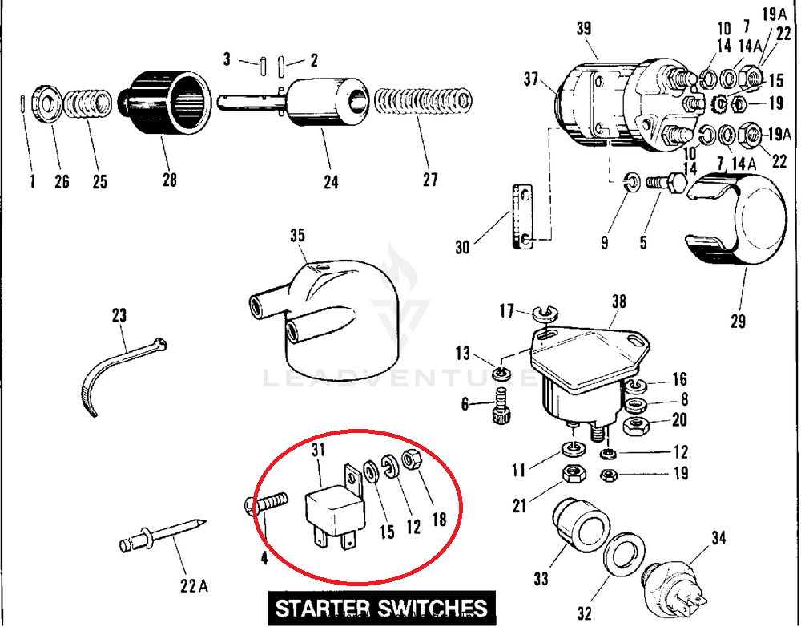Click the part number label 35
click(297, 236)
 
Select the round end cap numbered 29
click(737, 225)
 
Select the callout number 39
click(583, 29)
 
